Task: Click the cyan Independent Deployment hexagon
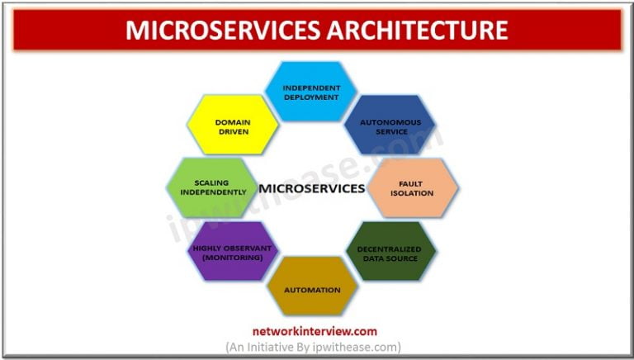310,92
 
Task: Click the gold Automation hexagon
312,290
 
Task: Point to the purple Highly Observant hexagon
233,251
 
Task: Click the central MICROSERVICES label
312,188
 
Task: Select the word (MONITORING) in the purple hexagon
233,257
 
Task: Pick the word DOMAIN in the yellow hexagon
233,121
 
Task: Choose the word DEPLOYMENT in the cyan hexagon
310,97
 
